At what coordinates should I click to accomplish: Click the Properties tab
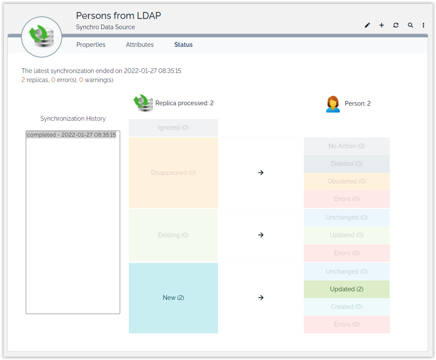(x=91, y=45)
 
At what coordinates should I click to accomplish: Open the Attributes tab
(x=139, y=45)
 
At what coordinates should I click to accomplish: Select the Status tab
(x=183, y=45)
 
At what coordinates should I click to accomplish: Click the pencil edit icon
(x=367, y=25)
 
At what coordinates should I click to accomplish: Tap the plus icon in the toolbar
(x=381, y=25)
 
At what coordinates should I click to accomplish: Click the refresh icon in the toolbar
(x=396, y=25)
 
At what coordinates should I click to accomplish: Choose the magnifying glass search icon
(x=410, y=25)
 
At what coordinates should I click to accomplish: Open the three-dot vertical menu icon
(x=424, y=25)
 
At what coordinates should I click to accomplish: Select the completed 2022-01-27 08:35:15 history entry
(x=71, y=135)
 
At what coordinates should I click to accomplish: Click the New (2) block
(x=173, y=298)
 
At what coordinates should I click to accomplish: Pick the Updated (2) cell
(x=346, y=289)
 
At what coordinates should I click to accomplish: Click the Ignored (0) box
(x=173, y=128)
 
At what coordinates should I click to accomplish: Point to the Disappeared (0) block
(x=173, y=173)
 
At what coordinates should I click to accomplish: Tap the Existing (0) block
(x=173, y=235)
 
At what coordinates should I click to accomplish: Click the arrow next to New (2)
(x=260, y=298)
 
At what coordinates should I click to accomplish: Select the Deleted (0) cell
(x=346, y=164)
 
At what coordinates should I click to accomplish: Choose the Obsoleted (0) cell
(x=346, y=181)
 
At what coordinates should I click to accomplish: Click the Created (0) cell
(x=346, y=307)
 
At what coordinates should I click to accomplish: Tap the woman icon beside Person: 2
(x=333, y=104)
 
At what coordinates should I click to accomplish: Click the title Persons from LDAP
(x=118, y=16)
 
